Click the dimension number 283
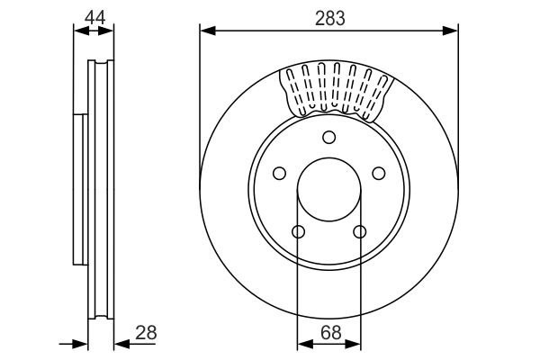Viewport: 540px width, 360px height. click(x=329, y=17)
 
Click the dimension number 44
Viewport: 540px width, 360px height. click(x=94, y=17)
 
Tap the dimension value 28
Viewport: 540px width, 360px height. click(x=145, y=332)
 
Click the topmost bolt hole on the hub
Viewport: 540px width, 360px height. click(x=328, y=137)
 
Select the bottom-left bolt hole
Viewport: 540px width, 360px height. click(x=299, y=232)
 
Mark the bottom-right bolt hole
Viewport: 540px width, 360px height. click(x=359, y=232)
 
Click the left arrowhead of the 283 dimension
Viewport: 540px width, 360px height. click(x=206, y=31)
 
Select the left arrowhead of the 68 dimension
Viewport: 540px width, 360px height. click(x=303, y=343)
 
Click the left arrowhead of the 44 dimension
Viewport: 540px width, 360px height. click(x=78, y=31)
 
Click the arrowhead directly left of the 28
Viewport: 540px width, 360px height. click(x=120, y=343)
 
